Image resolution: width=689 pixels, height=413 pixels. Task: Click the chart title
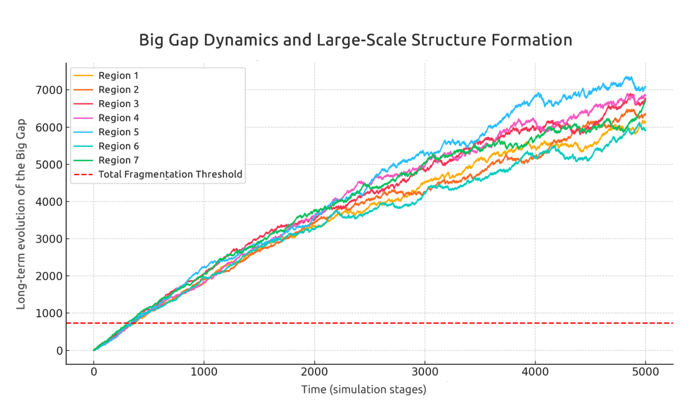pos(356,40)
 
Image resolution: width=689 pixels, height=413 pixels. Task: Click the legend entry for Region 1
pos(118,76)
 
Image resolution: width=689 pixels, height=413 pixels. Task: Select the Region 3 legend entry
pos(118,104)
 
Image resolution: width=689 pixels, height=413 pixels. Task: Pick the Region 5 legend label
pos(118,132)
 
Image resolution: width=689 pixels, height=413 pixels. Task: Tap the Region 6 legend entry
pos(118,146)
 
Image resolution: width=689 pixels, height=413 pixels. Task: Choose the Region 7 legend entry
pos(118,160)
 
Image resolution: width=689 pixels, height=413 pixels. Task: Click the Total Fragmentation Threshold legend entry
pos(170,174)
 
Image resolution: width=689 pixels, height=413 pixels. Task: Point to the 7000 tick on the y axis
pos(49,90)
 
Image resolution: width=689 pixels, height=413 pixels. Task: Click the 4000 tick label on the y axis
pos(49,201)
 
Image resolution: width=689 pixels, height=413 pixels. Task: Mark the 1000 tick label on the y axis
pos(49,313)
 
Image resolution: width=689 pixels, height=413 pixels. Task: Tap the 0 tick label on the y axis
pos(59,351)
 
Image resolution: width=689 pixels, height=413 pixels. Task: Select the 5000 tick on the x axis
pos(645,372)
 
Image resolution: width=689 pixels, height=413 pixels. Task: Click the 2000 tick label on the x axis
pos(315,372)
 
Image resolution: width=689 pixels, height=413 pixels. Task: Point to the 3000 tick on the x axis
pos(425,372)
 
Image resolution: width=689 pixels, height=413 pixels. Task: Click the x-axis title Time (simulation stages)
pos(363,390)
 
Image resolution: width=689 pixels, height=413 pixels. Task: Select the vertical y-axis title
pos(21,214)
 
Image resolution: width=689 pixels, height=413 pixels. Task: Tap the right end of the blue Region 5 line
pos(645,87)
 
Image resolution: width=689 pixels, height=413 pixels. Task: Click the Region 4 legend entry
pos(118,118)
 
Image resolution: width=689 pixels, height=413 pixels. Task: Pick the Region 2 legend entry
pos(118,90)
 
